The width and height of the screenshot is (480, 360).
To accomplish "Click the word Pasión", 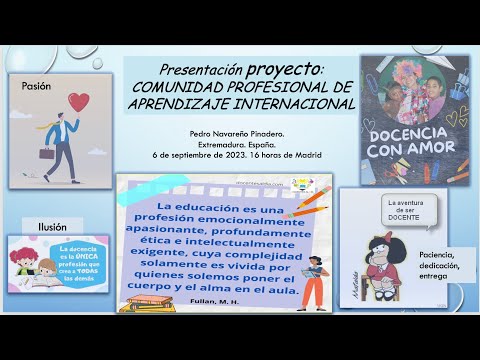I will pos(35,86).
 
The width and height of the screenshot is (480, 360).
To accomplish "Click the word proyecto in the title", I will pos(285,69).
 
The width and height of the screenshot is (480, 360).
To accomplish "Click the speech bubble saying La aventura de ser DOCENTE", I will pos(406,212).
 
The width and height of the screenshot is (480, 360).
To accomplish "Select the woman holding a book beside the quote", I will pos(311,277).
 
